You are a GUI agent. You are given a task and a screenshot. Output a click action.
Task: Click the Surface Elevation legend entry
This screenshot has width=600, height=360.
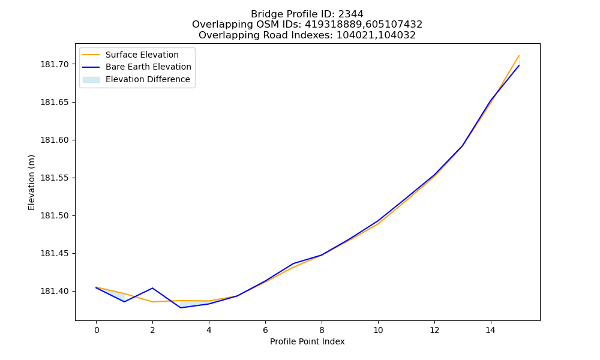[130, 55]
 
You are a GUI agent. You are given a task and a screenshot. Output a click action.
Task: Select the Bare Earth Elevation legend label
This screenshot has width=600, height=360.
[148, 67]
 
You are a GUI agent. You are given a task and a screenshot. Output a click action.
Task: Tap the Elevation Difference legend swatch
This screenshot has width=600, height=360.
[91, 80]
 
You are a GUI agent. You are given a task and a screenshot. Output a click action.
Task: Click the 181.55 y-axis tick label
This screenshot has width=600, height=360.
[55, 178]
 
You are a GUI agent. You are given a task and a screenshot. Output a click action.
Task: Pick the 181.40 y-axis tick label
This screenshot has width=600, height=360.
[55, 292]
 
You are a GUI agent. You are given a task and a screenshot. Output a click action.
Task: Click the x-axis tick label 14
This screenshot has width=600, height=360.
[491, 330]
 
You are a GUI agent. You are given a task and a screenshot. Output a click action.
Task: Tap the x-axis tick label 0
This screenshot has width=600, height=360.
[96, 330]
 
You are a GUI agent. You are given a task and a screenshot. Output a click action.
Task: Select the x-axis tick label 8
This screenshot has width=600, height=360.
[322, 330]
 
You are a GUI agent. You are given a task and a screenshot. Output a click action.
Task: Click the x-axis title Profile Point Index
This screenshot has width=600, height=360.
[307, 341]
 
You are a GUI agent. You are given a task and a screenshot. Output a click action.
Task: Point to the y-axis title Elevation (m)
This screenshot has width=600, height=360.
[31, 182]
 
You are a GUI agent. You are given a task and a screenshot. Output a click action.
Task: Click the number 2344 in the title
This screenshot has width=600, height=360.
[350, 14]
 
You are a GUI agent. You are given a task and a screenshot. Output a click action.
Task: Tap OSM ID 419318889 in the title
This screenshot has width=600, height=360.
[333, 25]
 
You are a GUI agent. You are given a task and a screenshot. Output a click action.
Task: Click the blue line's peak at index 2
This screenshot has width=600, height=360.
[152, 288]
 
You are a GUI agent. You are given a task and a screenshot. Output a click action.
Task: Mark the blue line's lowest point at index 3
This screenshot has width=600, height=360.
[181, 308]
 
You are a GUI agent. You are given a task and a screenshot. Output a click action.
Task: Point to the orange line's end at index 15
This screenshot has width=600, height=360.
[519, 55]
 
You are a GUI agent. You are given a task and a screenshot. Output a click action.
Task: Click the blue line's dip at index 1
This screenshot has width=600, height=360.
[124, 302]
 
